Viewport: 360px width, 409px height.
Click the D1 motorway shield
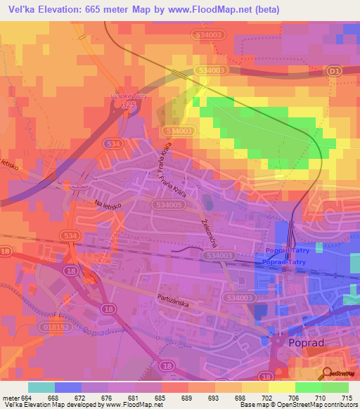pos(333,71)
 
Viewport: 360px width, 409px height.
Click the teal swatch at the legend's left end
pos(41,387)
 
